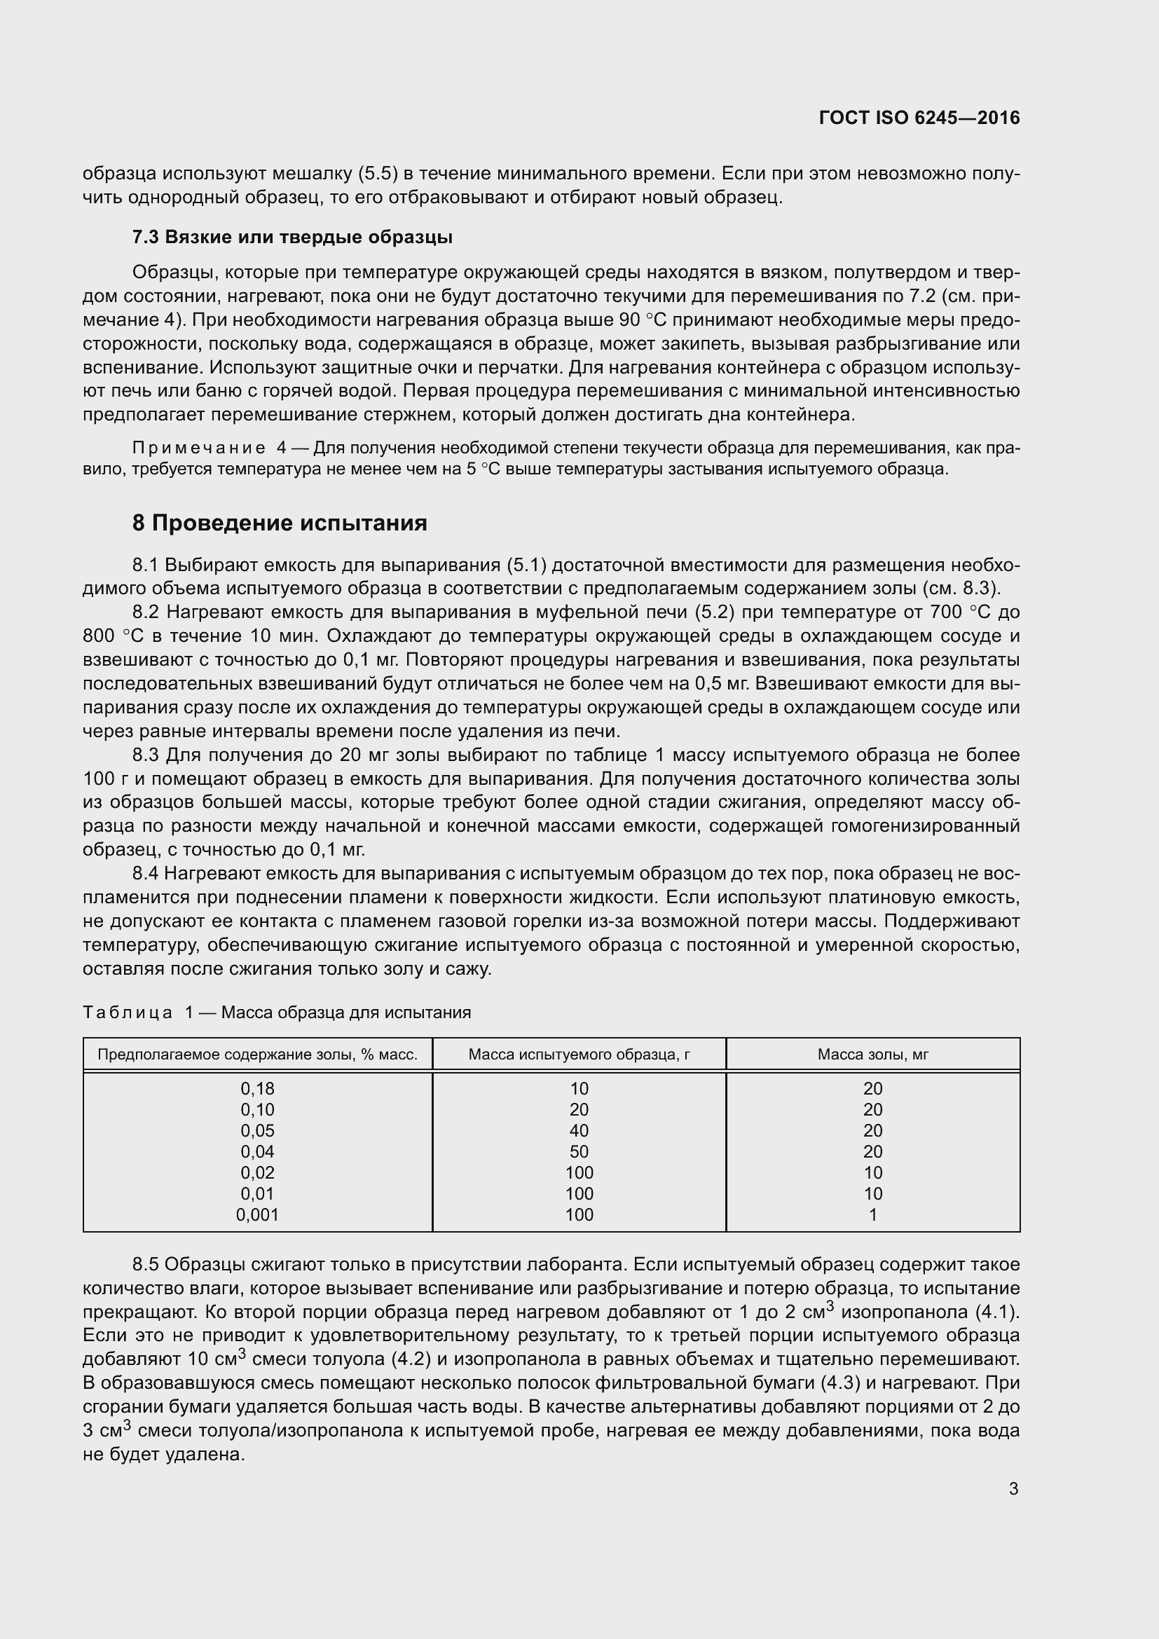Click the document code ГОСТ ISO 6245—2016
[x=919, y=118]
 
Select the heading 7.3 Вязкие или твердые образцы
[x=292, y=237]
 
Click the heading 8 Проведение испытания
[x=279, y=523]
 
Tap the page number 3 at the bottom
[x=1013, y=1489]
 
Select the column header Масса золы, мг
[x=872, y=1055]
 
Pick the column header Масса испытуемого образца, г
[x=579, y=1055]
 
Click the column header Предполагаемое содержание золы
[x=257, y=1055]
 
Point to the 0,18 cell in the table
[x=257, y=1089]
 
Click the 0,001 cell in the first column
[x=257, y=1214]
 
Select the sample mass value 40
[x=579, y=1131]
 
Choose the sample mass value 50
[x=579, y=1151]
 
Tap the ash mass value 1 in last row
[x=872, y=1214]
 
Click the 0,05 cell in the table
[x=257, y=1131]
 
